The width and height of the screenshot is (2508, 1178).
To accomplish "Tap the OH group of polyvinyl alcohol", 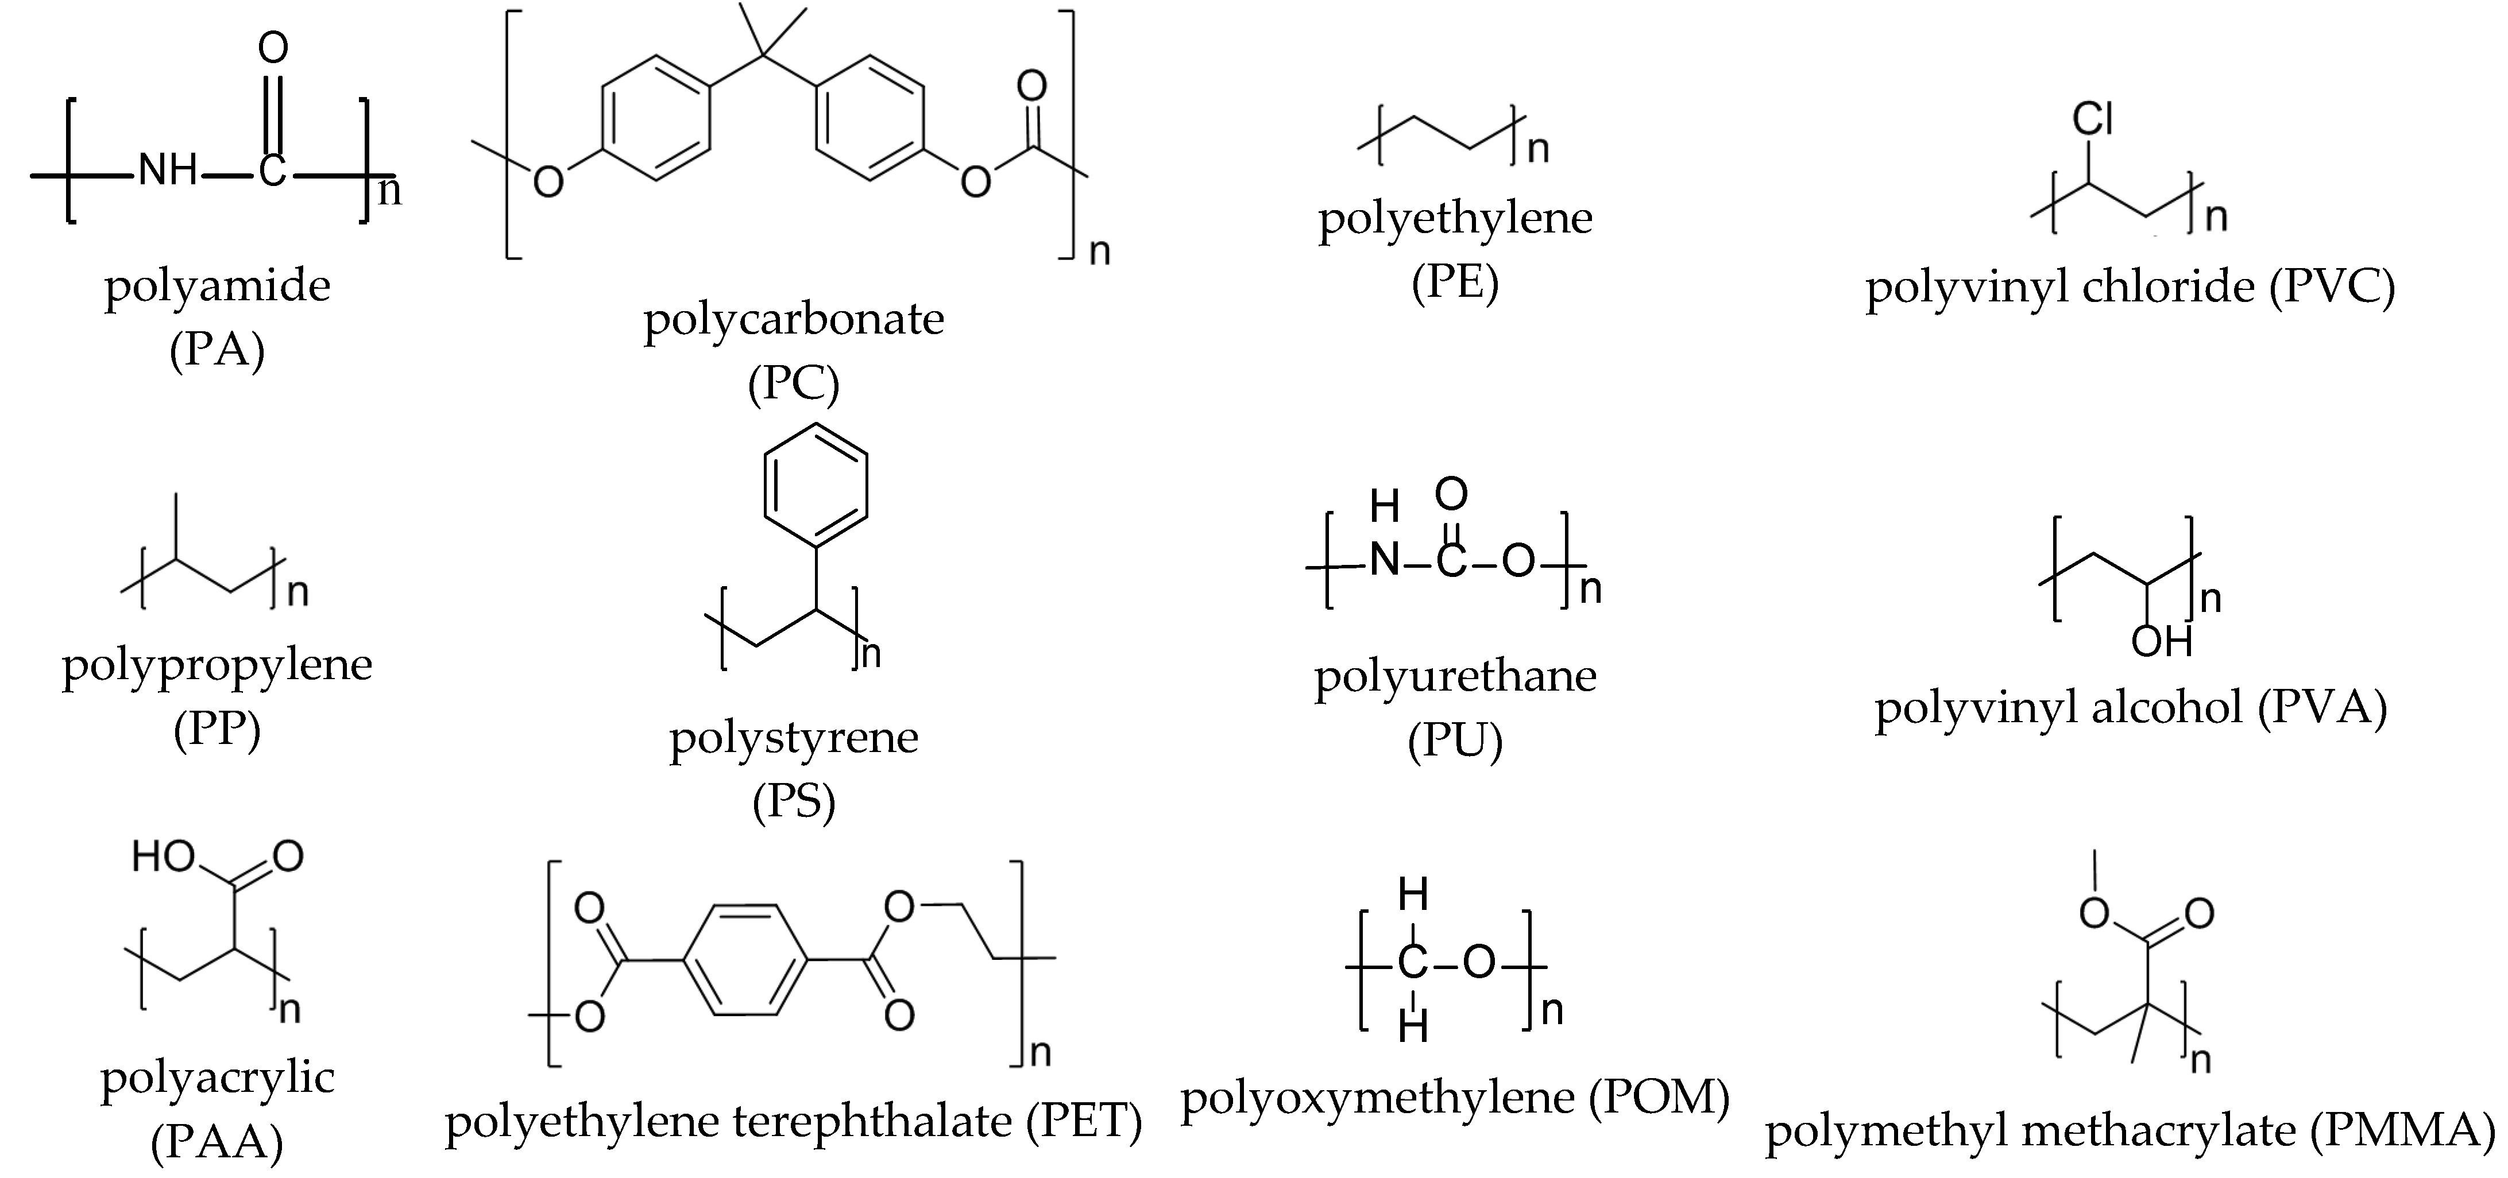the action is coord(2161,642).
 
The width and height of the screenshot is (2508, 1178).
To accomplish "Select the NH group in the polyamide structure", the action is coord(168,171).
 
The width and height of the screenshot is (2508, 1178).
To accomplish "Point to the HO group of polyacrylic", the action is coord(164,857).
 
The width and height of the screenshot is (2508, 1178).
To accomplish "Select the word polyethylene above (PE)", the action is coord(1455,218).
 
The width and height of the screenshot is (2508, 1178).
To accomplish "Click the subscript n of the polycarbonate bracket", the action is coord(1100,252).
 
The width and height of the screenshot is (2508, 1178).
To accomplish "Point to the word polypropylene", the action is coord(217,666).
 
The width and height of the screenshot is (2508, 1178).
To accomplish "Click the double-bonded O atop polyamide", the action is coord(273,46).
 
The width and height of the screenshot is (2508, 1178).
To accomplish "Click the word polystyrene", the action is coord(794,738).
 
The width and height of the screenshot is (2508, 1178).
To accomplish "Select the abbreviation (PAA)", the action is coord(217,1142).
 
